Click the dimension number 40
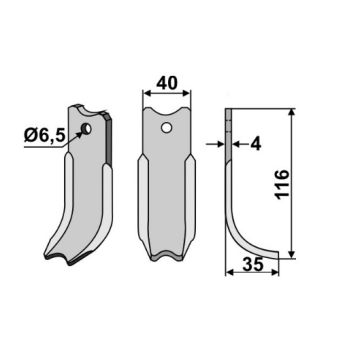(x=167, y=83)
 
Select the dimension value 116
(x=283, y=184)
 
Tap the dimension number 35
(x=253, y=264)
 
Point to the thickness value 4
(x=256, y=144)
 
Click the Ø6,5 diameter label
(x=44, y=136)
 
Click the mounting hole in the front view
(x=166, y=127)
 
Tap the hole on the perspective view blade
(x=86, y=128)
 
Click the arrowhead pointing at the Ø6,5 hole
(x=79, y=134)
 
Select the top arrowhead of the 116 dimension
(x=291, y=113)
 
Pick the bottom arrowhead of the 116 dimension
(x=291, y=254)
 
